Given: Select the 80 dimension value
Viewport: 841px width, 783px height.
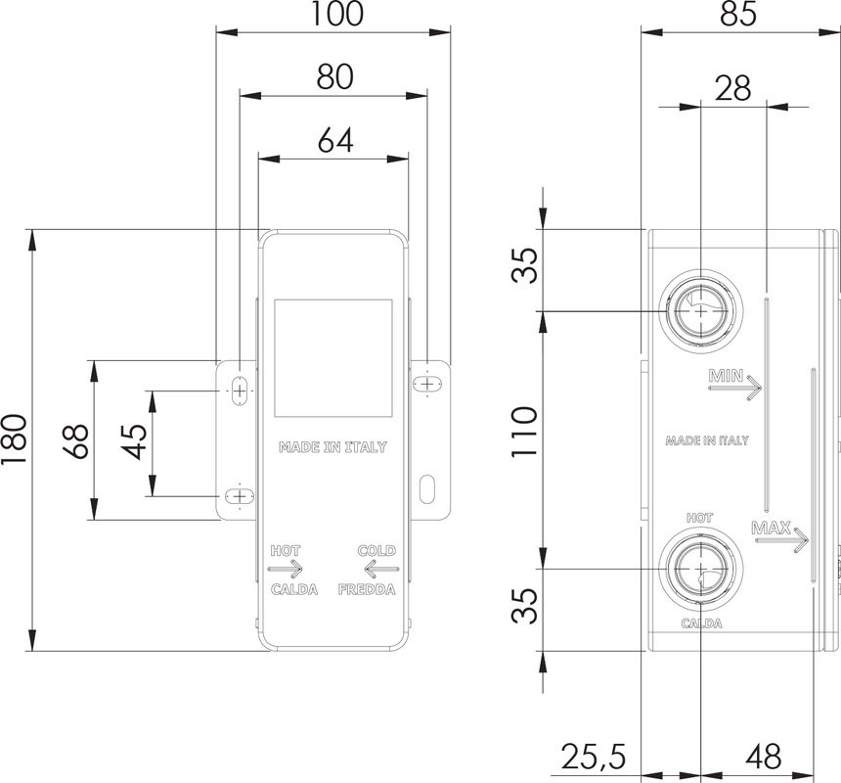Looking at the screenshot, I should click(x=335, y=77).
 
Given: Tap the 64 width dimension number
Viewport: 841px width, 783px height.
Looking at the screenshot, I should click(x=335, y=139).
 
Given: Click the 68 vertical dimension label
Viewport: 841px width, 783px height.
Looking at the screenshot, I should click(x=78, y=441).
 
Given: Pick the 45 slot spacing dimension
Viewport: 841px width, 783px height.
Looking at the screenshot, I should click(x=136, y=441).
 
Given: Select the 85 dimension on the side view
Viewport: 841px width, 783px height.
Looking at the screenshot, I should click(x=740, y=14).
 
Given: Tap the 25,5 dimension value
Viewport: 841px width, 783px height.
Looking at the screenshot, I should click(x=594, y=757).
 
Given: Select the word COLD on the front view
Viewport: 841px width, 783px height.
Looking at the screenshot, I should click(x=376, y=551).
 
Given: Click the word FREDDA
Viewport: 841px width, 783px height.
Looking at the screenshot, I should click(x=367, y=590).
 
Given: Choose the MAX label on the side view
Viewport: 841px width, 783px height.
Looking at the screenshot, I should click(x=772, y=530).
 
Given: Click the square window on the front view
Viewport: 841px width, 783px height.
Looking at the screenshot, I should click(x=332, y=357).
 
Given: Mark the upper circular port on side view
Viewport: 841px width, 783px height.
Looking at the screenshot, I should click(x=701, y=311).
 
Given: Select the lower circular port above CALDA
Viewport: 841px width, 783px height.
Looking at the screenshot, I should click(x=701, y=568).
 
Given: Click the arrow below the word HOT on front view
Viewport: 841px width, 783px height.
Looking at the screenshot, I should click(x=286, y=569).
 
